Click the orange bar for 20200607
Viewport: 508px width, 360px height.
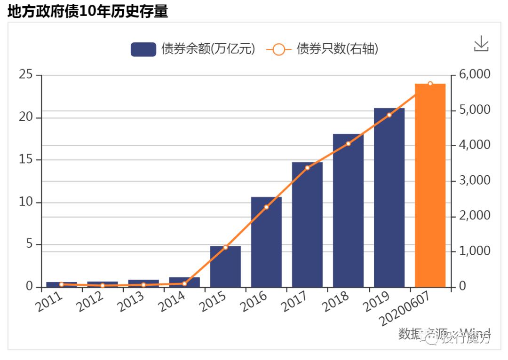coord(430,186)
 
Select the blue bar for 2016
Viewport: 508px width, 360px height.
coord(266,242)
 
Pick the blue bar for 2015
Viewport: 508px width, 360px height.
coord(225,266)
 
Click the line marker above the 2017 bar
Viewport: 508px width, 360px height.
coord(307,168)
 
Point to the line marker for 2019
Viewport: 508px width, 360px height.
coord(389,115)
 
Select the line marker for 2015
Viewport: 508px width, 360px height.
coord(225,247)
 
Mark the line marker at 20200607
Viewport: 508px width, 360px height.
coord(430,84)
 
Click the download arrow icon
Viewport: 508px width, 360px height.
coord(481,44)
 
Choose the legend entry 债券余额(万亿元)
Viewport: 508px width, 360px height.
coord(193,49)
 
